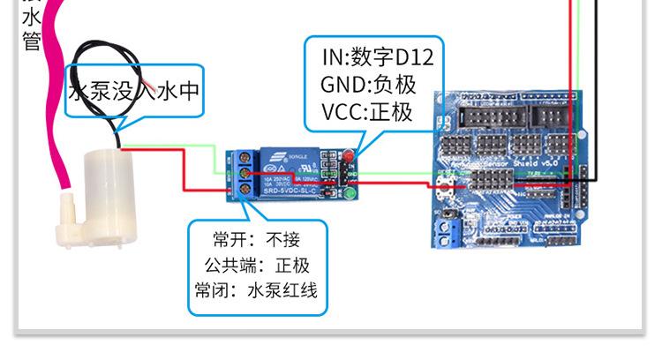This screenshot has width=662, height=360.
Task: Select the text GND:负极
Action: coord(366,86)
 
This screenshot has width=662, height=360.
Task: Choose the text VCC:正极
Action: coord(366,113)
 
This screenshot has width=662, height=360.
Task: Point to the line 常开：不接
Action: coord(257,240)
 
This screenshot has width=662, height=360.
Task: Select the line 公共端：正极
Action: coord(257,266)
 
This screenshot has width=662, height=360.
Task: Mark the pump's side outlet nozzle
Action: coord(63,211)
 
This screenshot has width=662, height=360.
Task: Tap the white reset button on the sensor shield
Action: coord(445,184)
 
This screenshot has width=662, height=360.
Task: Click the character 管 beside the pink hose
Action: coord(31,41)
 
